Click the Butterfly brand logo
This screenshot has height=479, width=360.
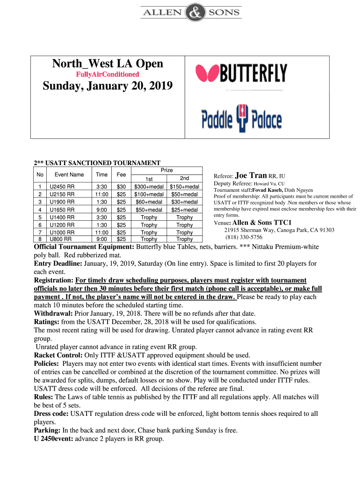click(241, 73)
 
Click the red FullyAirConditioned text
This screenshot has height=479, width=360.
click(108, 74)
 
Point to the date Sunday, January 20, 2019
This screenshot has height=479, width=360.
click(108, 86)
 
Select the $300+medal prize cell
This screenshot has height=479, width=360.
click(149, 187)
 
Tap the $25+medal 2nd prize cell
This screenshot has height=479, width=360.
click(185, 210)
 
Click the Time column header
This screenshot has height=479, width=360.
click(101, 174)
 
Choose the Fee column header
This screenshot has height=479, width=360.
click(122, 174)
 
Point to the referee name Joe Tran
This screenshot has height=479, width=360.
click(251, 175)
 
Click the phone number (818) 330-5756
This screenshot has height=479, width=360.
click(244, 237)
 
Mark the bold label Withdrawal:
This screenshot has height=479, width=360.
click(52, 313)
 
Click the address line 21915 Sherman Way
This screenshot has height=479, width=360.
click(279, 230)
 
